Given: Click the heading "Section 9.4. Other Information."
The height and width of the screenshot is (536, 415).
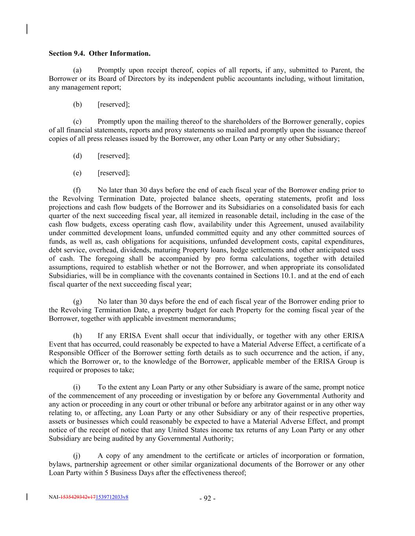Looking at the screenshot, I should (x=100, y=53).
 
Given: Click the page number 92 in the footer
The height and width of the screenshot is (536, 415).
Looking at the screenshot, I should (x=207, y=499).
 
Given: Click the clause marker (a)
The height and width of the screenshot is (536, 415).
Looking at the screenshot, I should (x=77, y=70).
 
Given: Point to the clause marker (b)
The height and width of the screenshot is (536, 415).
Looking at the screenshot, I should (x=77, y=104).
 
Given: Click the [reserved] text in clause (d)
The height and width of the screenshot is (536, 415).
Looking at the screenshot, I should (x=113, y=156).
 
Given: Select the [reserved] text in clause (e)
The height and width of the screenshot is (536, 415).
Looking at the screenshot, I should (x=113, y=173).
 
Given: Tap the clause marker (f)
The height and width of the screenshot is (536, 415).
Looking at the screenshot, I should (x=77, y=190).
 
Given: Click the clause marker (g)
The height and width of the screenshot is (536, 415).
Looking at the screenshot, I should (x=77, y=302).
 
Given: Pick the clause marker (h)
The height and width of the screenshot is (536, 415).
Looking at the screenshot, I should (x=77, y=336).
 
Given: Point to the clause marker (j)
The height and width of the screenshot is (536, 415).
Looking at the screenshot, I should (x=77, y=456).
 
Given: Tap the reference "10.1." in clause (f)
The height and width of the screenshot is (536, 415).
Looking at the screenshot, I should (x=290, y=276).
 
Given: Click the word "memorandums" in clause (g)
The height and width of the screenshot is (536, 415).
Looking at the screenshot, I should (x=216, y=318).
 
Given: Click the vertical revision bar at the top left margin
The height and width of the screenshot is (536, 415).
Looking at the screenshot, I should (x=27, y=29).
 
